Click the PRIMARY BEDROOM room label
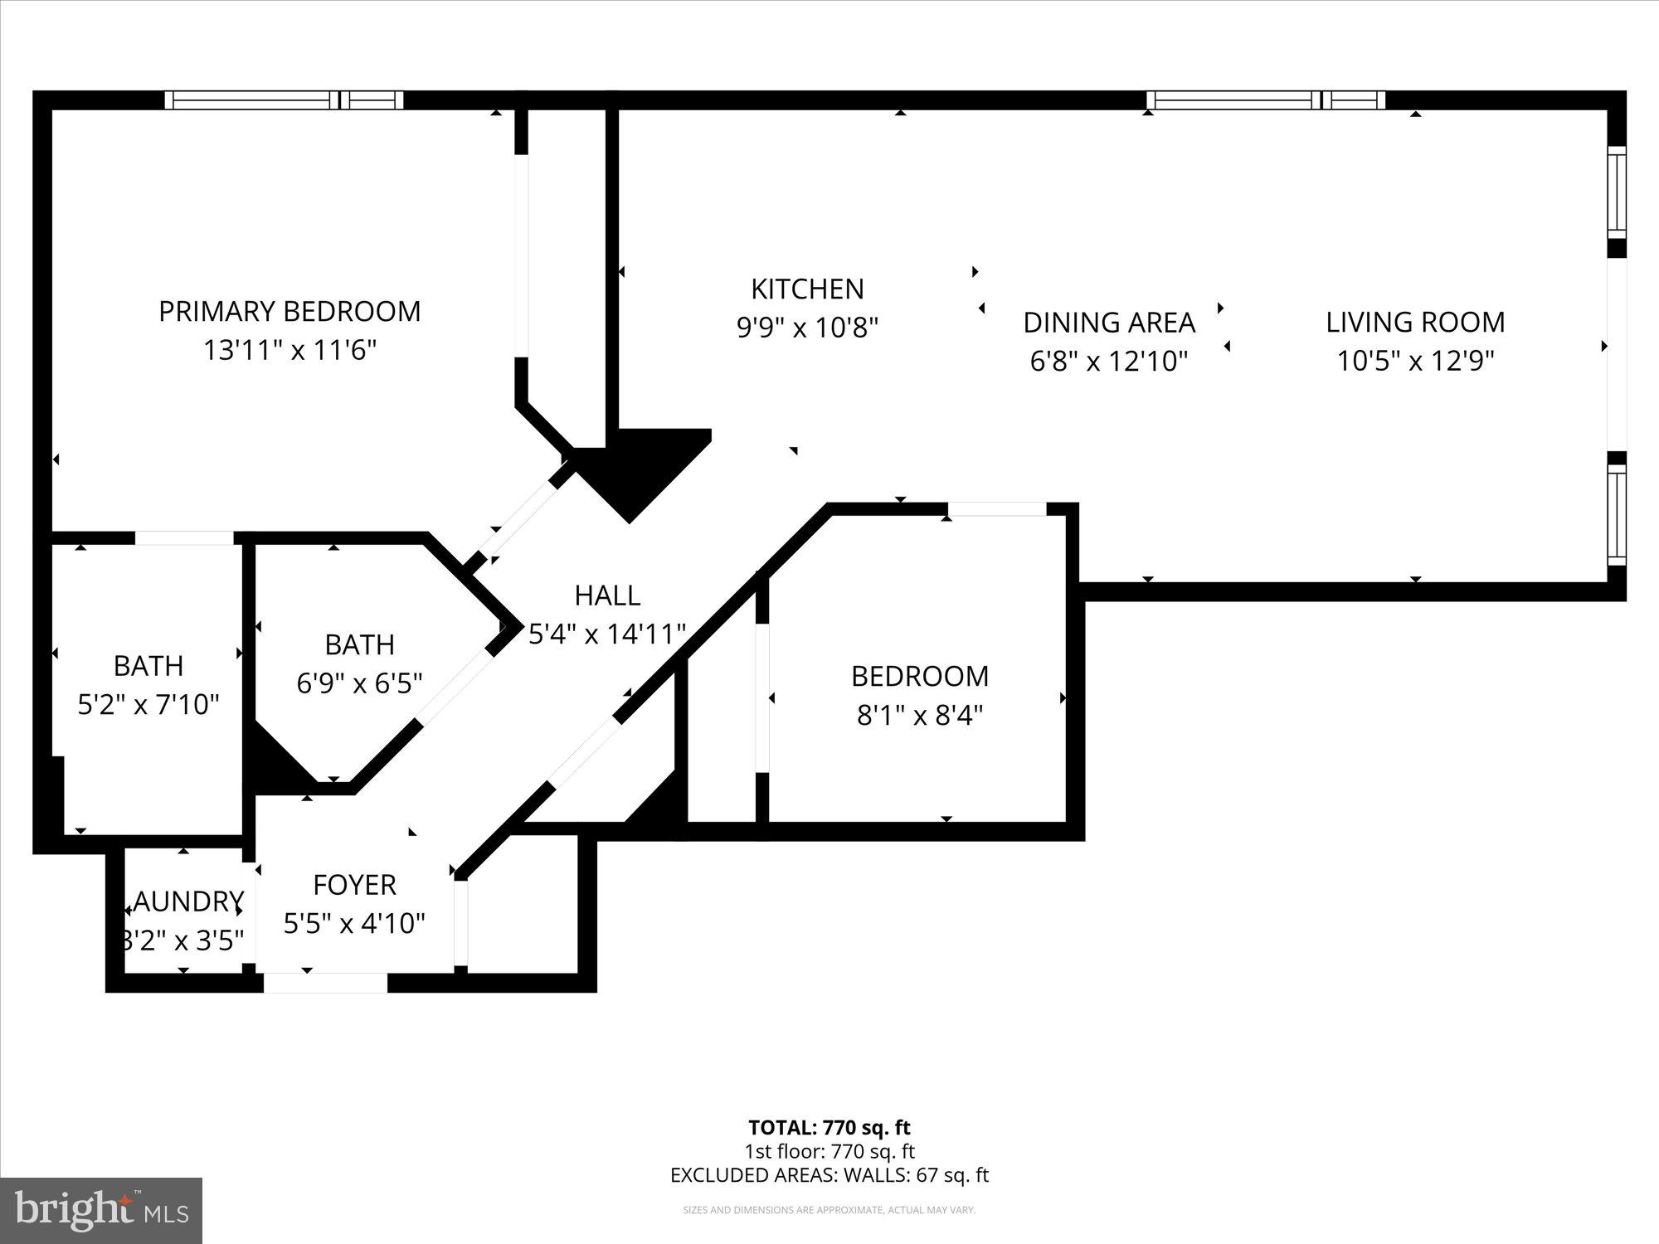pyautogui.click(x=289, y=312)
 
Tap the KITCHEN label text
pyautogui.click(x=807, y=289)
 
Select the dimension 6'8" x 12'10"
pyautogui.click(x=1109, y=362)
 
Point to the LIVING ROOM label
pyautogui.click(x=1415, y=323)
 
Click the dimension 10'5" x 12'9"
pyautogui.click(x=1415, y=362)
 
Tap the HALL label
pyautogui.click(x=607, y=595)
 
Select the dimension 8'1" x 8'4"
pyautogui.click(x=919, y=715)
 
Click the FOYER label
pyautogui.click(x=354, y=885)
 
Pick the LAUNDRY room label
pyautogui.click(x=184, y=901)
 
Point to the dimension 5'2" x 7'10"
pyautogui.click(x=148, y=705)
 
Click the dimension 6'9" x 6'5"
pyautogui.click(x=359, y=683)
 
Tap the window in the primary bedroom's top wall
pyautogui.click(x=284, y=100)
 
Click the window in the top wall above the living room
pyautogui.click(x=1265, y=100)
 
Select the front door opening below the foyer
pyautogui.click(x=325, y=984)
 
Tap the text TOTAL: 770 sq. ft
pyautogui.click(x=829, y=1128)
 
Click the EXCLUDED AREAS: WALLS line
pyautogui.click(x=829, y=1175)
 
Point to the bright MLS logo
pyautogui.click(x=101, y=1211)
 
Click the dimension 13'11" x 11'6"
pyautogui.click(x=289, y=351)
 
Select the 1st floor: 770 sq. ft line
pyautogui.click(x=829, y=1152)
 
